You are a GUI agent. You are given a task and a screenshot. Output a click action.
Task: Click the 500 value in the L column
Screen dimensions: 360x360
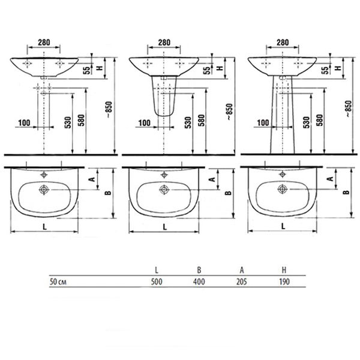point(157,281)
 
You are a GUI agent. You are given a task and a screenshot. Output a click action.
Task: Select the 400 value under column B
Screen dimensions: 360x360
point(199,281)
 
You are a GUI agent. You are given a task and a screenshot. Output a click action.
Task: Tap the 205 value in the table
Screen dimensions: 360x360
point(242,281)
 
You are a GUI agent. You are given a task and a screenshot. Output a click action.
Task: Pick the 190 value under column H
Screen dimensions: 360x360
point(284,281)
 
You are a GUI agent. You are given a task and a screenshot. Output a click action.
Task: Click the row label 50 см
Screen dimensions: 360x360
point(58,282)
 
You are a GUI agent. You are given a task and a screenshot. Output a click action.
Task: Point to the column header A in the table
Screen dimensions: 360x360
point(242,270)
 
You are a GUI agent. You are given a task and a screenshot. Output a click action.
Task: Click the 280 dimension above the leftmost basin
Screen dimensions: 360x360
point(44,42)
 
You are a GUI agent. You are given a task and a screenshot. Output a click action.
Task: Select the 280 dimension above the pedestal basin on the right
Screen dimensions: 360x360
point(283,42)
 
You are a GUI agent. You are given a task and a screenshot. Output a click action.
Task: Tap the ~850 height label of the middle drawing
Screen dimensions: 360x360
point(230,112)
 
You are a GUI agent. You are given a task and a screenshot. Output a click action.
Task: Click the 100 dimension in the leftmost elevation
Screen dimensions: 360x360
point(24,123)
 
